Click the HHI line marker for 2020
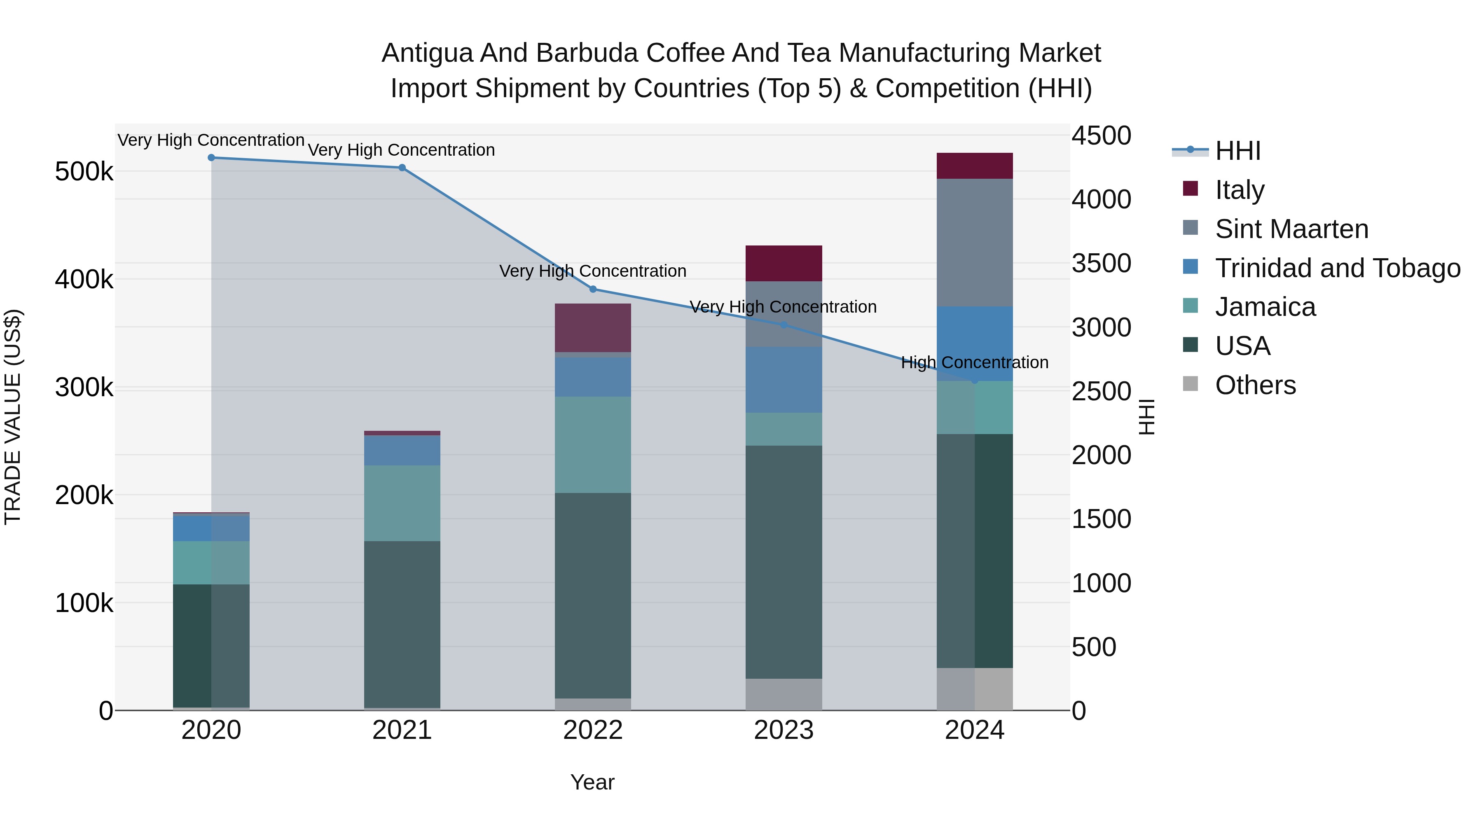[x=211, y=158]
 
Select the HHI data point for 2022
[x=593, y=289]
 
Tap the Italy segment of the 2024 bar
[x=974, y=166]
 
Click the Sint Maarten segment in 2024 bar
[x=974, y=242]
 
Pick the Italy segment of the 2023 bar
[x=784, y=263]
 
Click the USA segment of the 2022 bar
[x=593, y=595]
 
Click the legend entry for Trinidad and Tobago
[x=1337, y=268]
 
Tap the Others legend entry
[x=1255, y=385]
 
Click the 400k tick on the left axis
[x=84, y=280]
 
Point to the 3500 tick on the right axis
[x=1101, y=264]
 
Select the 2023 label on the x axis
[x=784, y=730]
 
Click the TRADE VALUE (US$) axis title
[x=13, y=417]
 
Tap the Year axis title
[x=592, y=782]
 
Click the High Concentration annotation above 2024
[x=974, y=362]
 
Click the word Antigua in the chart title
[x=427, y=53]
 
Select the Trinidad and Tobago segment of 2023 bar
[x=784, y=379]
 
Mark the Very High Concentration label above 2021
[x=401, y=150]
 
